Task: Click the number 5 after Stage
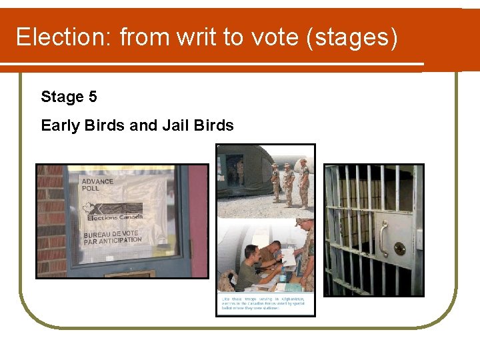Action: (92, 97)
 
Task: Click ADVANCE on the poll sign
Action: (97, 181)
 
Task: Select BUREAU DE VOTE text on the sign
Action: (111, 234)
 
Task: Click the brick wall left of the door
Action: (50, 220)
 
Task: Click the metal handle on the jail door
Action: (383, 237)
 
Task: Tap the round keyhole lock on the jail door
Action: (399, 248)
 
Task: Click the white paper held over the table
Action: (288, 257)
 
